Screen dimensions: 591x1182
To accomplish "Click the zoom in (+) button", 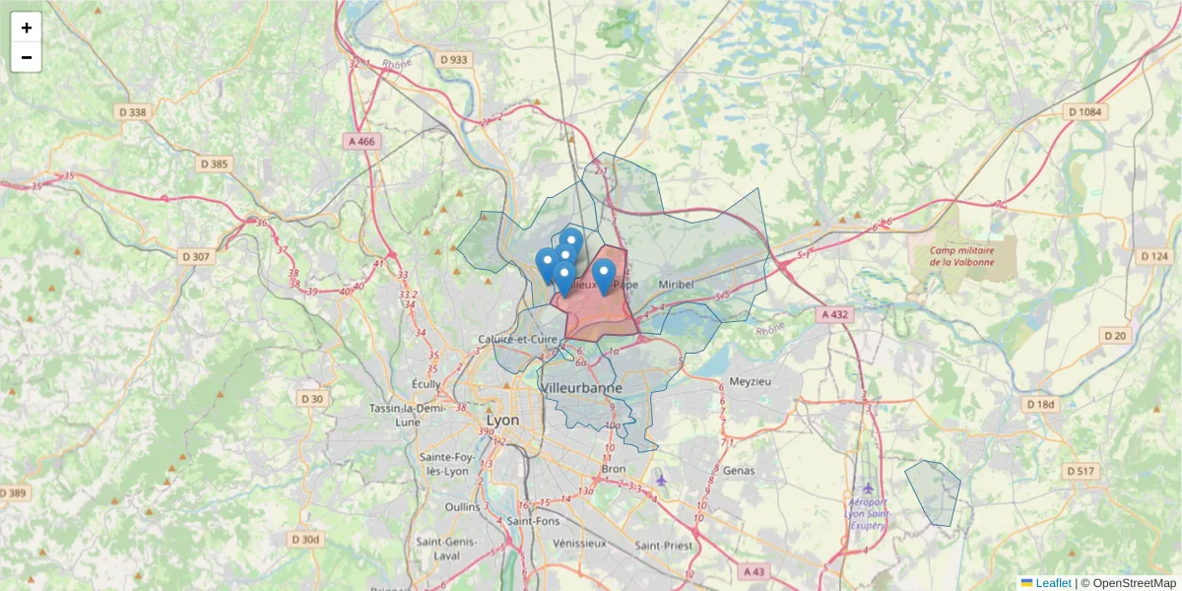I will (x=27, y=28).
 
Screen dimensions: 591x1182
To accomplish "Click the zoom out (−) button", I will (x=27, y=57).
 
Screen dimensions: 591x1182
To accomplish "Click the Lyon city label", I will (x=502, y=419).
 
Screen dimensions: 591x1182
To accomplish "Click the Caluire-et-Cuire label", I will (x=518, y=340).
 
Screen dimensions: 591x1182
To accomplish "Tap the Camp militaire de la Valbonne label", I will (x=961, y=256).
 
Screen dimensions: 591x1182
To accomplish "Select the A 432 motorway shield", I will (x=833, y=314).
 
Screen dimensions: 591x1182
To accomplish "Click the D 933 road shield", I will (x=454, y=59).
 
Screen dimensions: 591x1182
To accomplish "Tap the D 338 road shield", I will (x=131, y=112).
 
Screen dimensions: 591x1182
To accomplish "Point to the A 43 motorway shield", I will (x=754, y=571).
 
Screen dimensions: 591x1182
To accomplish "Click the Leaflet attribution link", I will (x=1052, y=583).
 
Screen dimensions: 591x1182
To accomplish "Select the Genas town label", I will (x=738, y=471).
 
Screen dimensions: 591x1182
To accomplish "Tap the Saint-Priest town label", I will (x=662, y=545).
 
